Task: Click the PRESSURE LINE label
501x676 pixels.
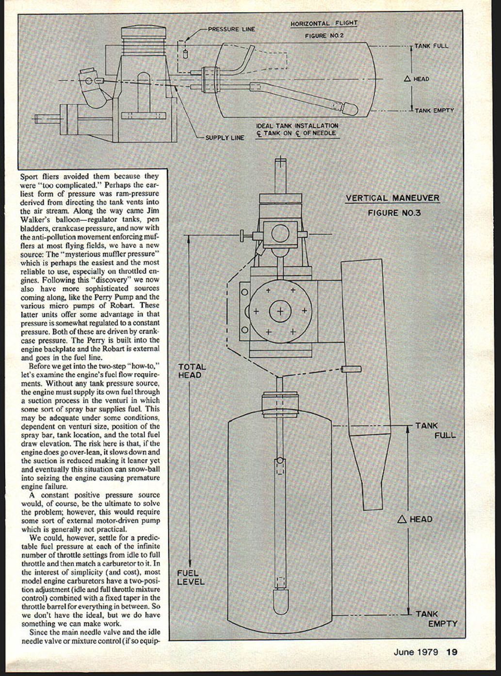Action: (x=231, y=29)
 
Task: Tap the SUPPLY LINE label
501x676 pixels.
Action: (x=225, y=138)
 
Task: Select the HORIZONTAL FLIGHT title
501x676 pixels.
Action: (x=323, y=23)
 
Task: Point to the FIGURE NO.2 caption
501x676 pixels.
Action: (x=324, y=36)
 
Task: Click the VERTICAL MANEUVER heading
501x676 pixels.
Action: (x=392, y=198)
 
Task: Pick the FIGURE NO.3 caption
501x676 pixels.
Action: (x=394, y=213)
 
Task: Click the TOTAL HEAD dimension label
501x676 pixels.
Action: (x=192, y=371)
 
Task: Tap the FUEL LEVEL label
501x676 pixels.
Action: (x=191, y=577)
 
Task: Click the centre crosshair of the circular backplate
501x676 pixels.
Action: (x=280, y=311)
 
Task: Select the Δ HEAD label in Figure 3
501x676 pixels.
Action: (x=415, y=519)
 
